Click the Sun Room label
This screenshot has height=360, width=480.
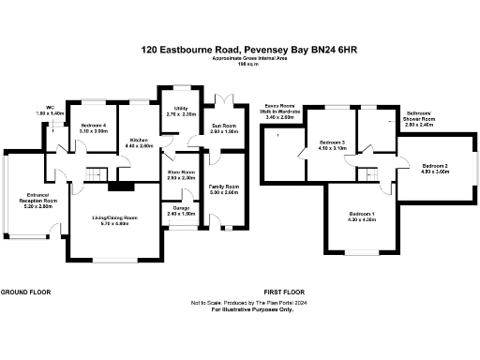click(x=223, y=127)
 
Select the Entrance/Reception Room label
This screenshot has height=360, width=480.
click(x=37, y=200)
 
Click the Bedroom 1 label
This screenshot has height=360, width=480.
click(x=362, y=217)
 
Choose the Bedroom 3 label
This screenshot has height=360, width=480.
click(x=333, y=145)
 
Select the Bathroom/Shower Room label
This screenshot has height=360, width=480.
click(x=419, y=117)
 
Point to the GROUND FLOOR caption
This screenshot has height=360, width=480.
click(x=25, y=292)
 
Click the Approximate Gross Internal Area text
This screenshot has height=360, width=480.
click(x=239, y=59)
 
